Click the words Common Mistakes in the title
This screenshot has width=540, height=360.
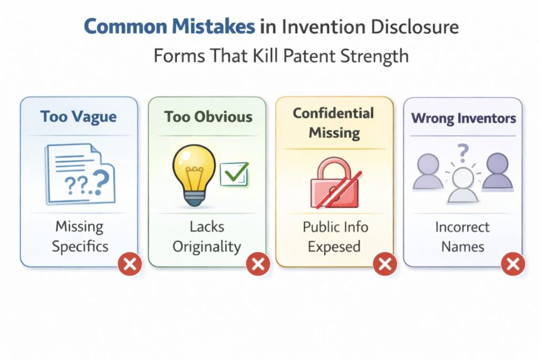pyautogui.click(x=169, y=27)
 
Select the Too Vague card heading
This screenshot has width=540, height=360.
pyautogui.click(x=79, y=116)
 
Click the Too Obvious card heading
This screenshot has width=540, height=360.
pyautogui.click(x=207, y=116)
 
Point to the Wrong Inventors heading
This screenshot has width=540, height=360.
pyautogui.click(x=462, y=118)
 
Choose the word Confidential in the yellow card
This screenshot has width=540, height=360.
pyautogui.click(x=333, y=113)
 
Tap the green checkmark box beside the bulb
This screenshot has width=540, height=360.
pyautogui.click(x=234, y=174)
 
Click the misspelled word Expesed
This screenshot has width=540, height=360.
pyautogui.click(x=335, y=246)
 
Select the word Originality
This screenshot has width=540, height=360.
pyautogui.click(x=207, y=246)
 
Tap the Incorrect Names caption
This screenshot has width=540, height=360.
pyautogui.click(x=462, y=237)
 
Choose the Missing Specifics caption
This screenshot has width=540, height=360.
pyautogui.click(x=79, y=236)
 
